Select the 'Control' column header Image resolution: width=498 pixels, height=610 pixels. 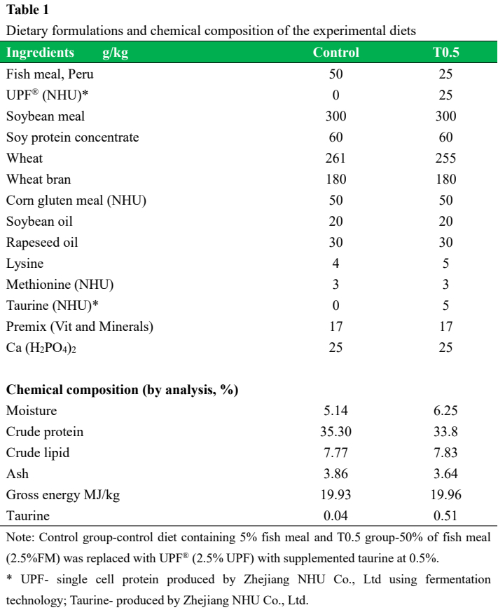pyautogui.click(x=336, y=53)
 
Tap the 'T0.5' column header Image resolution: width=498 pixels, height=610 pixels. pyautogui.click(x=446, y=53)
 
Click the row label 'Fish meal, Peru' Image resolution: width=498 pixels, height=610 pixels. pyautogui.click(x=49, y=74)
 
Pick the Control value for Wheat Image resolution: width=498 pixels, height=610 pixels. pyautogui.click(x=336, y=158)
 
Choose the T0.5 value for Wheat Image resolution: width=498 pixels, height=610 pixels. pyautogui.click(x=446, y=158)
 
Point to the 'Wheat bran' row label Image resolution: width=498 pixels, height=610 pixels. pyautogui.click(x=39, y=179)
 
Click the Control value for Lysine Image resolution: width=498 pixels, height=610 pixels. pyautogui.click(x=336, y=264)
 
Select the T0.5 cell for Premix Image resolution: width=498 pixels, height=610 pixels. pyautogui.click(x=446, y=327)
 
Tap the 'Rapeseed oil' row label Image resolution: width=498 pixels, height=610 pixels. pyautogui.click(x=41, y=243)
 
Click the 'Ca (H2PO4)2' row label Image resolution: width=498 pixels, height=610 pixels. pyautogui.click(x=41, y=348)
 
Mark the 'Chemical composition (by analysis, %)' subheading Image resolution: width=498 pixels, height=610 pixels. pyautogui.click(x=123, y=390)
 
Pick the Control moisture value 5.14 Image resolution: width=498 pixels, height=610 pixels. pyautogui.click(x=336, y=411)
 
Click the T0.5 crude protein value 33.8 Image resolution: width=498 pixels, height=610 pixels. pyautogui.click(x=446, y=432)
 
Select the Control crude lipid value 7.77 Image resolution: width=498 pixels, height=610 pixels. pyautogui.click(x=336, y=453)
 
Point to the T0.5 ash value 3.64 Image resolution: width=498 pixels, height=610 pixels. pyautogui.click(x=446, y=474)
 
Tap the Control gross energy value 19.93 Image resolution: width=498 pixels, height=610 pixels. pyautogui.click(x=336, y=495)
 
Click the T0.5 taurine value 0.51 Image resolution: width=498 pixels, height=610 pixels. pyautogui.click(x=446, y=516)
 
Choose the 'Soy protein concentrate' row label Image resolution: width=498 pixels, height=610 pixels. pyautogui.click(x=73, y=137)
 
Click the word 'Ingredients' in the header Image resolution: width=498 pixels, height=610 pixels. pyautogui.click(x=40, y=53)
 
